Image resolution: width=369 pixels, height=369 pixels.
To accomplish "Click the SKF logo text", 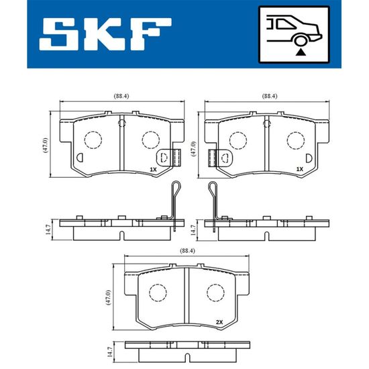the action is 105,34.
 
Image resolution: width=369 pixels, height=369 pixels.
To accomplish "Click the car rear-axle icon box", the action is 294,35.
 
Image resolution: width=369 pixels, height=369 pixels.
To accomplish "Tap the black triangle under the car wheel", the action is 301,52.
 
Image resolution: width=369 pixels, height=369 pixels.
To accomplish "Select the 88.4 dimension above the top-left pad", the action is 121,96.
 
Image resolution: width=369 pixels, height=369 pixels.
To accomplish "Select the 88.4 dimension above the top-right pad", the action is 270,96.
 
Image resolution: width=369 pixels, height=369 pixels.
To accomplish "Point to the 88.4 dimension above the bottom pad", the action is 187,251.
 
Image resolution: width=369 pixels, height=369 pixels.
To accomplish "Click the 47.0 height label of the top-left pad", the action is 46,145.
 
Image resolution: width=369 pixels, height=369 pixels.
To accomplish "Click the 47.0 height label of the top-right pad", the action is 193,149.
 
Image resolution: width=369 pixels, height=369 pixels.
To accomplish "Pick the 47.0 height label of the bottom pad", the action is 108,298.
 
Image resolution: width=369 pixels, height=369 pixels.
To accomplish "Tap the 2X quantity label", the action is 219,322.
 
